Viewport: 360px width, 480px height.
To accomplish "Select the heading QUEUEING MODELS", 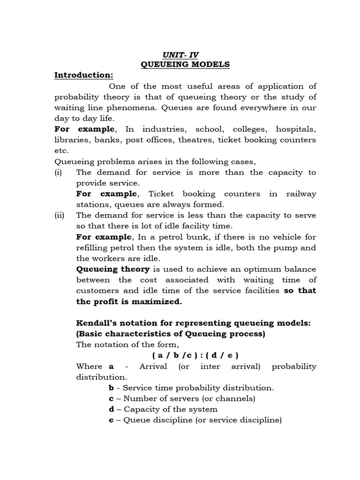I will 185,64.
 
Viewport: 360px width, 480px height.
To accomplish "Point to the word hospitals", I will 296,129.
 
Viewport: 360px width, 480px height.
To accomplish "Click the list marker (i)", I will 60,172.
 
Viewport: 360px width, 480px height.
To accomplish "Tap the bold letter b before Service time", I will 111,388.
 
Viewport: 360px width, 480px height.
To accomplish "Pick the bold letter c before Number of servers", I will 111,398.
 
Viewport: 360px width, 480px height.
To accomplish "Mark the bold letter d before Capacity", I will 111,409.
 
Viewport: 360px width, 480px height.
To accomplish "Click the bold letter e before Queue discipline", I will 111,420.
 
